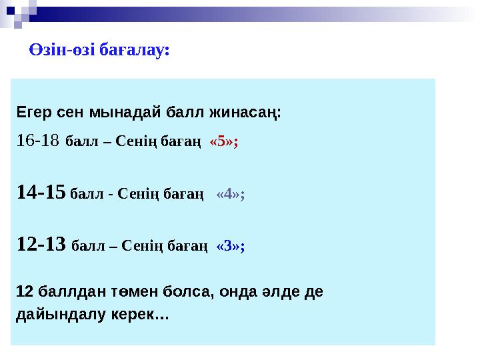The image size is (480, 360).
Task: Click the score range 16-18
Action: pos(38,141)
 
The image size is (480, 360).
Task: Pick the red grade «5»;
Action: pos(224,142)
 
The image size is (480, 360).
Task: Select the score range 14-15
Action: pos(41,193)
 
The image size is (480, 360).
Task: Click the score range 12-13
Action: pos(41,245)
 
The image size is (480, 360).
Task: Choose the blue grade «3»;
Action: pos(231,246)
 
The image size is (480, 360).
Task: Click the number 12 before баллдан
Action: pos(24,292)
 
